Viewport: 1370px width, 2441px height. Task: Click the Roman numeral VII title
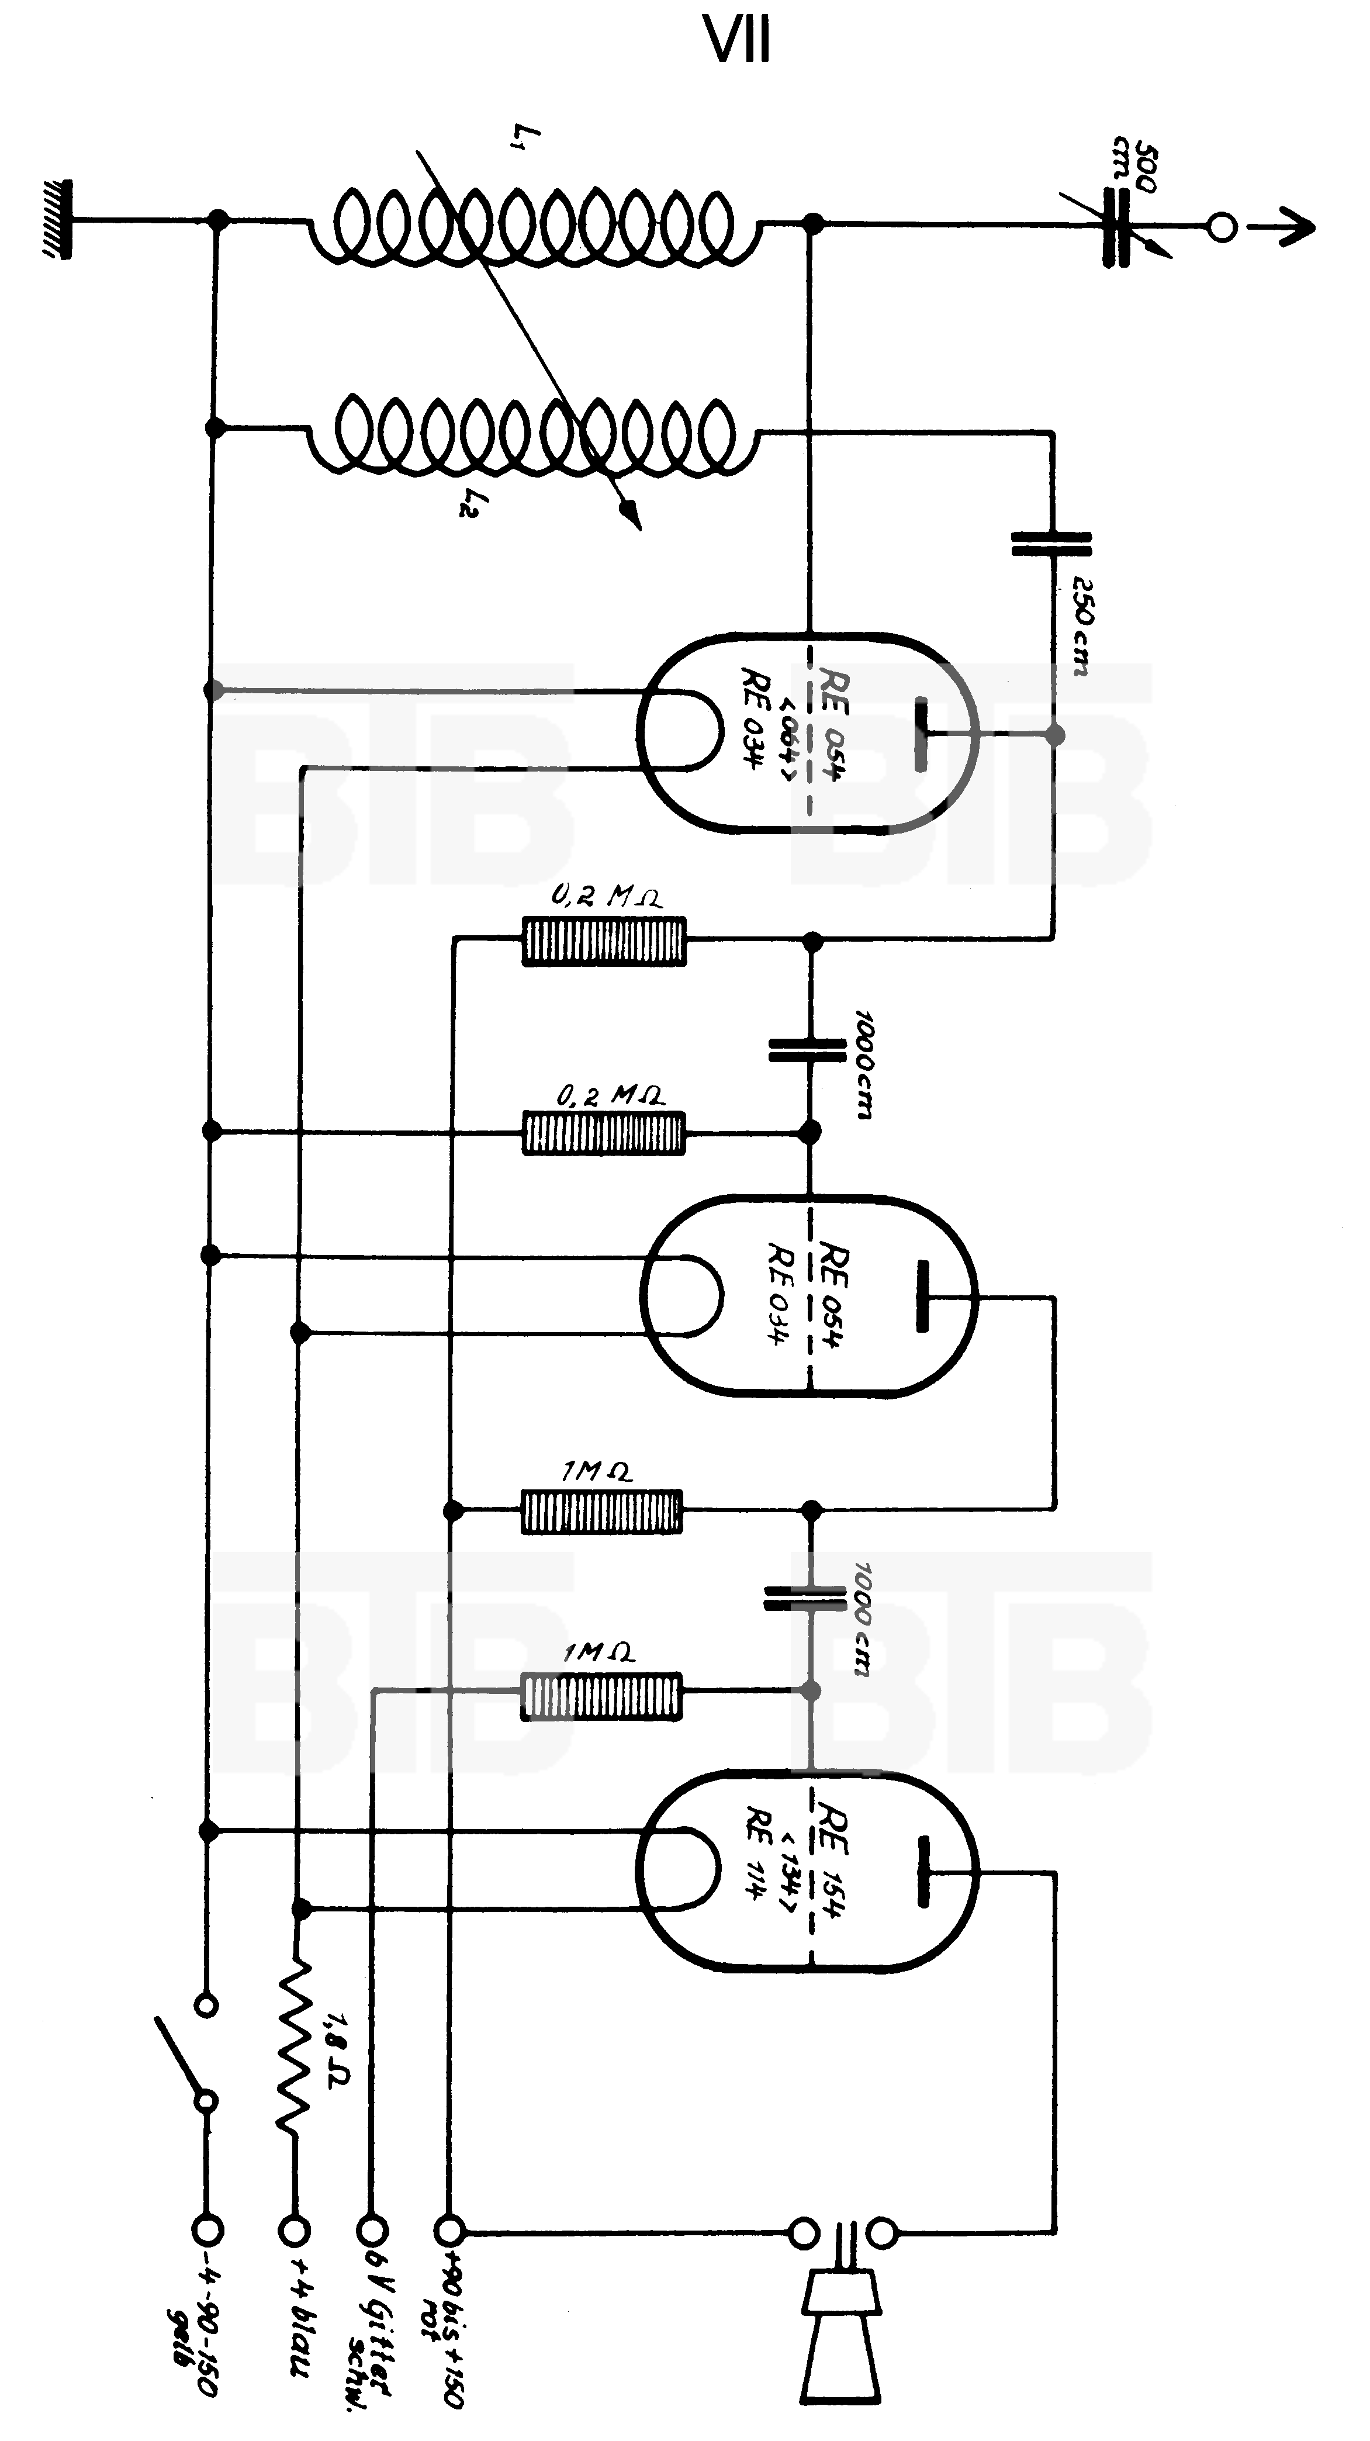(737, 41)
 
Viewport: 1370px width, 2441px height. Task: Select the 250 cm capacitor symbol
(1051, 543)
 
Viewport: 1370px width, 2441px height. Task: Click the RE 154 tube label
(834, 1857)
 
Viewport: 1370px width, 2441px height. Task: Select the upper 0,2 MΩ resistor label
(606, 896)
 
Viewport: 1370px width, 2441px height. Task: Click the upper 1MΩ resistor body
(601, 1512)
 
